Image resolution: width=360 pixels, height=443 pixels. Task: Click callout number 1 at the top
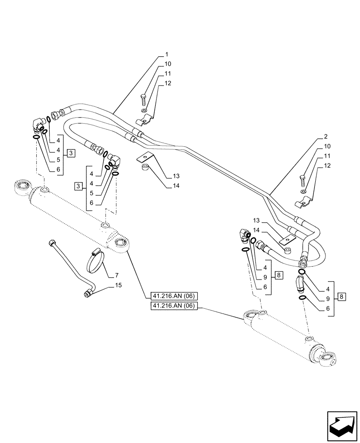click(x=166, y=54)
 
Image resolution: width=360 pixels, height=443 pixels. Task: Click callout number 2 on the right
click(x=326, y=136)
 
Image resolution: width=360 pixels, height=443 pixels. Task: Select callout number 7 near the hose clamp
click(x=111, y=276)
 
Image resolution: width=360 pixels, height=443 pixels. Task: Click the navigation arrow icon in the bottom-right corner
click(x=341, y=426)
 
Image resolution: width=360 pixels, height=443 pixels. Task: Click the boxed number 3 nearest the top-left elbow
click(x=70, y=153)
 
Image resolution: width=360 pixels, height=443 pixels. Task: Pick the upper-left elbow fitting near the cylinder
click(x=39, y=125)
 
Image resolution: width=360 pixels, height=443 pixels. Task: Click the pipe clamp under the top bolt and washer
click(x=145, y=120)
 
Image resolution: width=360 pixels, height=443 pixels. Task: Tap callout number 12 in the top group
click(x=168, y=83)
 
